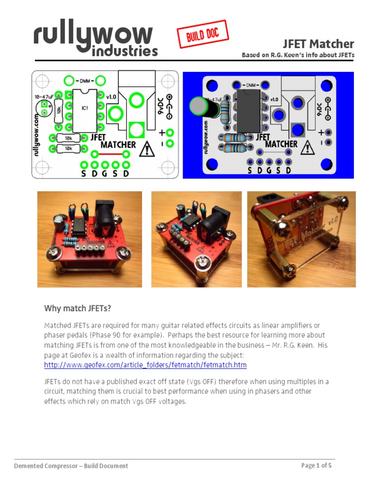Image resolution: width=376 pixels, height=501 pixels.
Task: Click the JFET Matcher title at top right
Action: (x=319, y=44)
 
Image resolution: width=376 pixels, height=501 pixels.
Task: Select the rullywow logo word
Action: (x=93, y=35)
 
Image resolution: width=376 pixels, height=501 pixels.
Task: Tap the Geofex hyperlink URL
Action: (x=145, y=365)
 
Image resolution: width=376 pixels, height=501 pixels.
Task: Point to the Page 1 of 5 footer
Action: (x=316, y=465)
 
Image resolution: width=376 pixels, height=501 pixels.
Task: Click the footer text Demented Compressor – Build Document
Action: (x=71, y=466)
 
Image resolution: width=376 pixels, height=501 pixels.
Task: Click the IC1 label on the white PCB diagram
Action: (x=85, y=108)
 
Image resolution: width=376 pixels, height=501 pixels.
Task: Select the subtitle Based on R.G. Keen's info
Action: (x=298, y=55)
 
